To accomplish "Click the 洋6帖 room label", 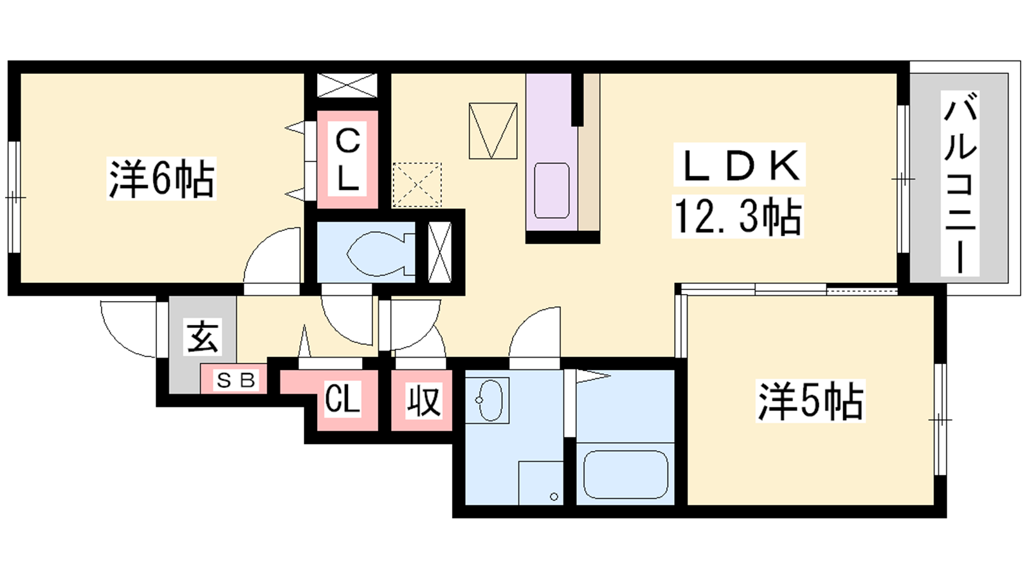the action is (x=161, y=178).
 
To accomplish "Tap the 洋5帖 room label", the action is (x=810, y=401).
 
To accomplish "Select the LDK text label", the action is (x=740, y=165).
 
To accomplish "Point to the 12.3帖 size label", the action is (x=738, y=216).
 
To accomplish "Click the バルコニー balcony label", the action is (x=960, y=183).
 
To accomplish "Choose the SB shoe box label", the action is (x=235, y=380).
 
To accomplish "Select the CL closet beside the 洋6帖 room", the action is (x=347, y=160).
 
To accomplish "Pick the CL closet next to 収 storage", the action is (x=342, y=399).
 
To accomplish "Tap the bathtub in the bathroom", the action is (x=624, y=474).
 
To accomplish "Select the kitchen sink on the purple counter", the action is (x=552, y=190).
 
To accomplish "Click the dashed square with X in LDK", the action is (x=417, y=185).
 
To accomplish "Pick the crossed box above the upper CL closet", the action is (x=347, y=85).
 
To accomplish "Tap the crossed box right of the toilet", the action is (x=440, y=252).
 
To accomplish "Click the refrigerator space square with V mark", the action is (x=493, y=131).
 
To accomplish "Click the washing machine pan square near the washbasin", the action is (x=541, y=482).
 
